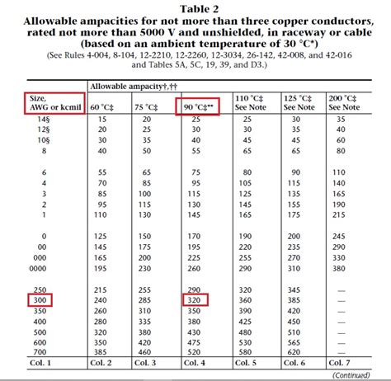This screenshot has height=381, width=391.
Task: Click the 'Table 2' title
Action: (x=196, y=7)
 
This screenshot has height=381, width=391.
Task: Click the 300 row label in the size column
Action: (x=39, y=302)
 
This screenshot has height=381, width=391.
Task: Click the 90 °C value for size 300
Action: (x=195, y=302)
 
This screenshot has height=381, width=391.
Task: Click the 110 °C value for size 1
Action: (x=246, y=214)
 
